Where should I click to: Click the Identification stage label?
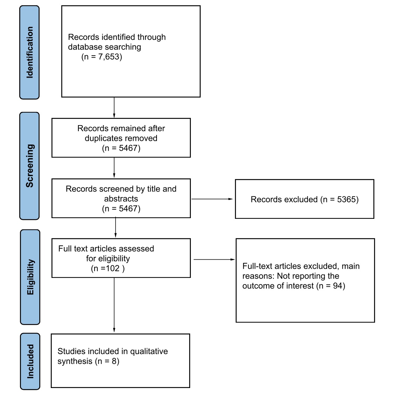click(30, 52)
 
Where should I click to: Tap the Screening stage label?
click(30, 166)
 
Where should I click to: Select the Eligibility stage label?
click(30, 277)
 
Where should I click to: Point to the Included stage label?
click(30, 361)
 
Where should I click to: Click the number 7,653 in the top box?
click(109, 57)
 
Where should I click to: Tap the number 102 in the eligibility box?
click(112, 268)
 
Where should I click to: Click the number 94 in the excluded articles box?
click(338, 286)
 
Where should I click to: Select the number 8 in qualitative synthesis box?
click(115, 361)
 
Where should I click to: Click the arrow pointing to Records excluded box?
click(212, 199)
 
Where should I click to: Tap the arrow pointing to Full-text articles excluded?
click(214, 259)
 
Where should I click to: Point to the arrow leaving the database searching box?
click(114, 108)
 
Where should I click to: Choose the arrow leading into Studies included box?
click(114, 305)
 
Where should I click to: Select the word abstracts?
click(121, 199)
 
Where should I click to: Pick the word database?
click(85, 47)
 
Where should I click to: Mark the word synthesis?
click(75, 361)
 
